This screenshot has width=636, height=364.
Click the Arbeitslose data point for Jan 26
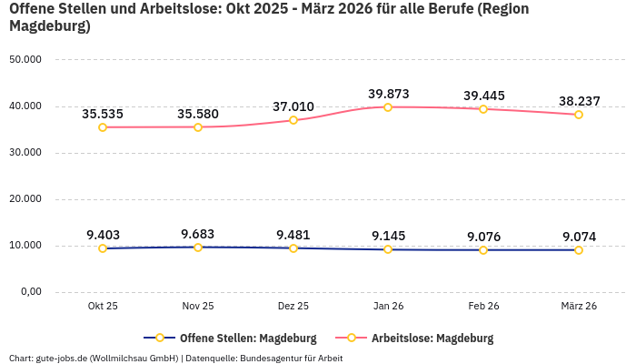pyautogui.click(x=388, y=107)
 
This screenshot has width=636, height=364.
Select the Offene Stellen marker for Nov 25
pyautogui.click(x=198, y=248)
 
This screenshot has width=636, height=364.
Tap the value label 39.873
pyautogui.click(x=388, y=94)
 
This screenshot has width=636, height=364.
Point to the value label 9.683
pyautogui.click(x=198, y=234)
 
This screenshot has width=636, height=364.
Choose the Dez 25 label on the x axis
pyautogui.click(x=293, y=307)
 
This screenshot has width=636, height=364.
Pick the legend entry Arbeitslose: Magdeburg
pyautogui.click(x=432, y=338)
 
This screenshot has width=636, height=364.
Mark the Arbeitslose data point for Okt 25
pyautogui.click(x=103, y=127)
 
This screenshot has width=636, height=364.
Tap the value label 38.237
pyautogui.click(x=579, y=101)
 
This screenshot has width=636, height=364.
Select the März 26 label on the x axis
pyautogui.click(x=579, y=307)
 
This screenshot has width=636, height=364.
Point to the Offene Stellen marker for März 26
pyautogui.click(x=579, y=250)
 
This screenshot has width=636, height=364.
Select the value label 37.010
pyautogui.click(x=293, y=106)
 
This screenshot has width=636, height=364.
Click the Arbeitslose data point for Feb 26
pyautogui.click(x=483, y=109)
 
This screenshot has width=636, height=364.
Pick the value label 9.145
pyautogui.click(x=388, y=236)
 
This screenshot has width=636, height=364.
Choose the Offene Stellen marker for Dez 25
pyautogui.click(x=293, y=248)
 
